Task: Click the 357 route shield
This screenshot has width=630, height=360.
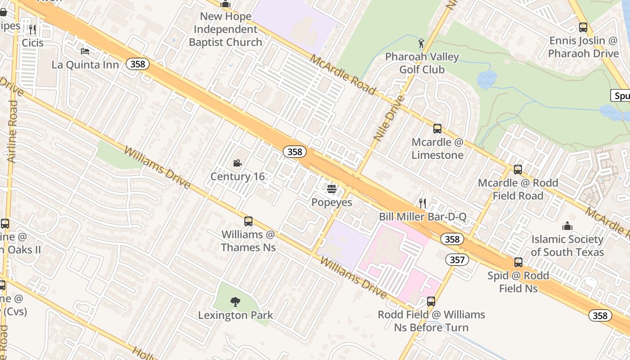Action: pyautogui.click(x=457, y=259)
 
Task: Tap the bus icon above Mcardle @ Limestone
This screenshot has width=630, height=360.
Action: pyautogui.click(x=437, y=129)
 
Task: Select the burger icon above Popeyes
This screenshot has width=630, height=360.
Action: pyautogui.click(x=332, y=189)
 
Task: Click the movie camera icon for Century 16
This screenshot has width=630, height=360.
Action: pyautogui.click(x=237, y=163)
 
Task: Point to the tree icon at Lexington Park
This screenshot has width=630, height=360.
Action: pyautogui.click(x=235, y=301)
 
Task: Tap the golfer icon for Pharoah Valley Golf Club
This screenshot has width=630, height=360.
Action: pyautogui.click(x=421, y=43)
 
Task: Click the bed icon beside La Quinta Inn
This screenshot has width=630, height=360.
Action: pyautogui.click(x=85, y=51)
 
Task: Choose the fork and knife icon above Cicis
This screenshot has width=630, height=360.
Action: pyautogui.click(x=32, y=30)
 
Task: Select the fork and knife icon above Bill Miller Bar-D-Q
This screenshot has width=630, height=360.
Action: pyautogui.click(x=422, y=203)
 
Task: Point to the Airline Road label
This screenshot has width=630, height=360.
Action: pyautogui.click(x=12, y=131)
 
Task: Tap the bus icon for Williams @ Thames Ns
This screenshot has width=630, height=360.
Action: pyautogui.click(x=248, y=221)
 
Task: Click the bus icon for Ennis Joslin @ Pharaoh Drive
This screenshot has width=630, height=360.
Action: pyautogui.click(x=583, y=27)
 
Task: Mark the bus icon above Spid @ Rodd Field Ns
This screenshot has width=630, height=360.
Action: pyautogui.click(x=518, y=262)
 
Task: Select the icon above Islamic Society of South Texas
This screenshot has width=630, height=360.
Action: pyautogui.click(x=567, y=226)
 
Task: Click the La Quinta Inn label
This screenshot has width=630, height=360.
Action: pyautogui.click(x=85, y=65)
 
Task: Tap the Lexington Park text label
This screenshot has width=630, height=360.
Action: pyautogui.click(x=235, y=315)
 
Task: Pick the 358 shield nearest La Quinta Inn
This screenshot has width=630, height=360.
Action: pyautogui.click(x=138, y=64)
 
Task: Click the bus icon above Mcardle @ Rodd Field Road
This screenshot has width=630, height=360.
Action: pyautogui.click(x=518, y=170)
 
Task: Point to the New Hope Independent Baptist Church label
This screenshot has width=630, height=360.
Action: pyautogui.click(x=225, y=29)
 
